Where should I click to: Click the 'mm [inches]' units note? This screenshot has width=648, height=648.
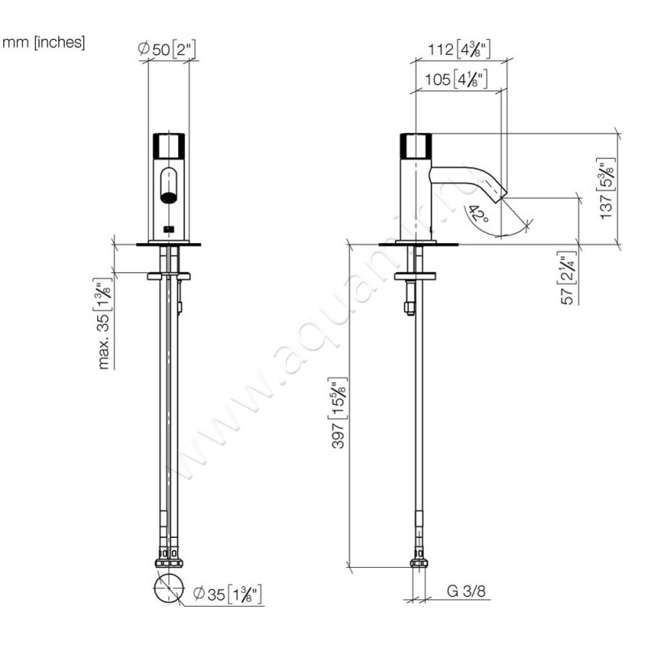coord(45,42)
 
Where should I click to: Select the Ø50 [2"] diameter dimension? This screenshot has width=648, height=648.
coord(168,50)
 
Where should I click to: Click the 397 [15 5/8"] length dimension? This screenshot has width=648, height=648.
coord(339,413)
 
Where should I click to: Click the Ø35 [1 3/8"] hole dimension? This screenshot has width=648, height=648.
coord(228,596)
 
